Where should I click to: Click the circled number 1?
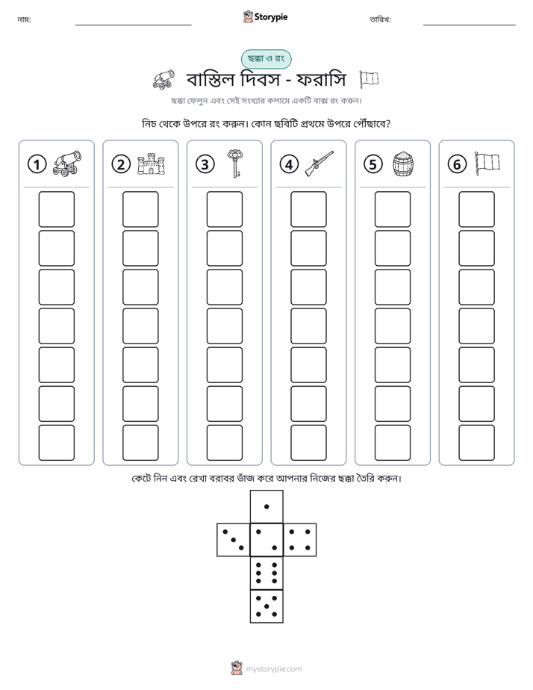pyautogui.click(x=37, y=164)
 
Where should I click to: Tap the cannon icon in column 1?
pyautogui.click(x=67, y=164)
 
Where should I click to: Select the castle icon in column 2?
pyautogui.click(x=151, y=164)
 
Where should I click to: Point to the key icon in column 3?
pyautogui.click(x=235, y=164)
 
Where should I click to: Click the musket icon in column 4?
pyautogui.click(x=320, y=164)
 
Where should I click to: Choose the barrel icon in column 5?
pyautogui.click(x=403, y=164)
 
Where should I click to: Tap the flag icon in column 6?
pyautogui.click(x=487, y=164)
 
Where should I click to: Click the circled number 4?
pyautogui.click(x=289, y=164)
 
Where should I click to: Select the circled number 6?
pyautogui.click(x=457, y=164)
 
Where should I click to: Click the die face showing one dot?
pyautogui.click(x=266, y=507)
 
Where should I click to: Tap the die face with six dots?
pyautogui.click(x=266, y=573)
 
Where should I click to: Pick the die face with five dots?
pyautogui.click(x=266, y=606)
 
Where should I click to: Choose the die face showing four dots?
pyautogui.click(x=300, y=540)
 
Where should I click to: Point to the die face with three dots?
pyautogui.click(x=234, y=540)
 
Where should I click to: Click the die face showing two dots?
pyautogui.click(x=266, y=540)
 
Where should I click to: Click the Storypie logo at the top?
pyautogui.click(x=265, y=17)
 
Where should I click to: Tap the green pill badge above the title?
pyautogui.click(x=266, y=59)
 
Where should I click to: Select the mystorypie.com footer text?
pyautogui.click(x=273, y=669)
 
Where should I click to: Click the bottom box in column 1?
pyautogui.click(x=56, y=442)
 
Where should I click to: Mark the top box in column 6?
pyautogui.click(x=476, y=209)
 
